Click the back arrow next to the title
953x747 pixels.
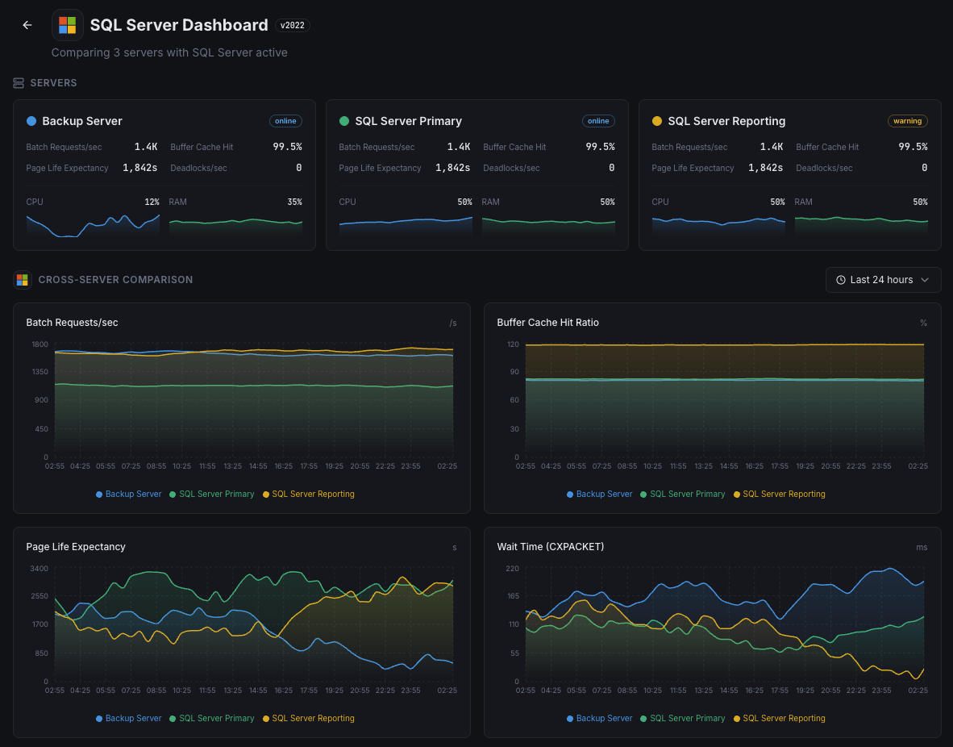(x=27, y=25)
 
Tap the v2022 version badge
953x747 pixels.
(x=292, y=25)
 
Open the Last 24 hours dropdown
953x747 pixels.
(x=883, y=280)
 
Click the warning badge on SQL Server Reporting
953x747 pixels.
(x=907, y=121)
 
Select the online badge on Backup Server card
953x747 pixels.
(x=285, y=121)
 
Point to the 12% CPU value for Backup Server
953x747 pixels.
(x=152, y=202)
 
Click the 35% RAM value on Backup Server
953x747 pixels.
(x=294, y=202)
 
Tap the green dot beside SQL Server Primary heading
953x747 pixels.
(x=344, y=121)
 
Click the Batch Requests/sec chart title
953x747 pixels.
(x=72, y=323)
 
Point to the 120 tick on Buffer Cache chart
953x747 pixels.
(x=513, y=344)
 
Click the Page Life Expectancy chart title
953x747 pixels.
(x=76, y=547)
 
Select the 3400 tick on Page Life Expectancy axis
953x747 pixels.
(x=39, y=569)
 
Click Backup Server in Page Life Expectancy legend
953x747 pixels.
(x=132, y=718)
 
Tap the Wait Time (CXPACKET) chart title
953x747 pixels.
(x=550, y=547)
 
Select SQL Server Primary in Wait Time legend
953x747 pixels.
(x=686, y=718)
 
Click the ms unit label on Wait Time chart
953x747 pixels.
(x=922, y=547)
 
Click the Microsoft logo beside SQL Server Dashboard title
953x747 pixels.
(x=68, y=25)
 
